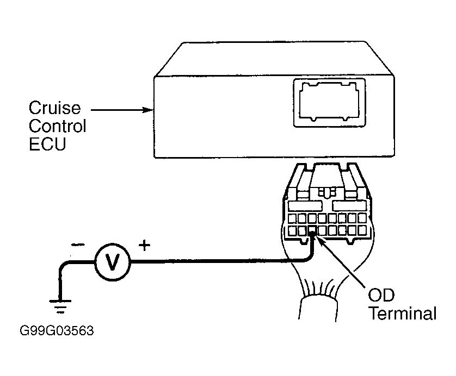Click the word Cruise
tap(54, 108)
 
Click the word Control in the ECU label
tap(57, 126)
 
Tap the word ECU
tap(47, 144)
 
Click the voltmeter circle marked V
tap(112, 262)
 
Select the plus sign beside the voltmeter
tap(145, 246)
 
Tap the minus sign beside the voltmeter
tap(78, 246)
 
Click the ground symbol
tap(60, 306)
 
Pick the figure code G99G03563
tap(57, 331)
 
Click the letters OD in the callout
tap(381, 295)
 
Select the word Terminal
tap(403, 314)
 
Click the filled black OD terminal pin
tap(312, 230)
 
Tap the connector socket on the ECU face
tap(330, 103)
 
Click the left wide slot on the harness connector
tap(305, 206)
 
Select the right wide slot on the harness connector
tap(349, 206)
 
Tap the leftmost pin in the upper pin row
tap(292, 218)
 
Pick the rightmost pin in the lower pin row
tap(362, 230)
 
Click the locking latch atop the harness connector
tap(327, 192)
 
